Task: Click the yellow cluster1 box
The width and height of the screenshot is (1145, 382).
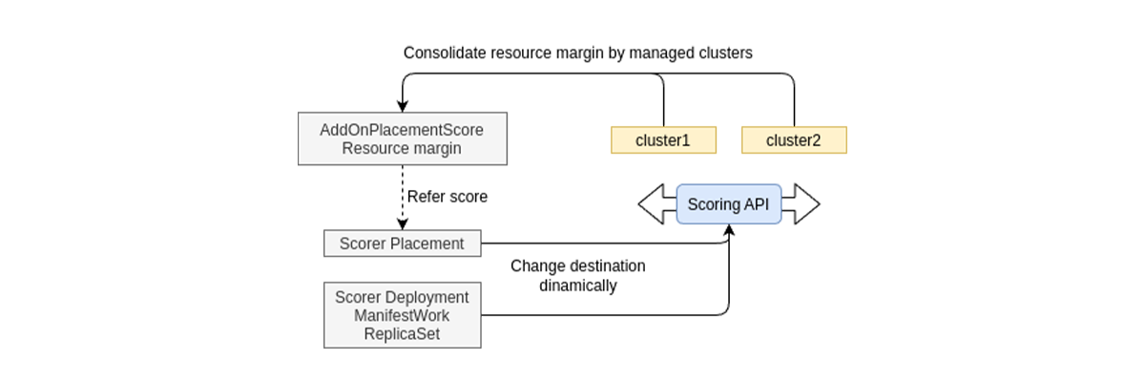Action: [663, 140]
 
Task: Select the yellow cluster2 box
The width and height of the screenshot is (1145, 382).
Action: [794, 140]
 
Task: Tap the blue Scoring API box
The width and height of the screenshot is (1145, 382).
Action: [729, 204]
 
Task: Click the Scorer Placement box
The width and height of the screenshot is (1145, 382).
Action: [402, 244]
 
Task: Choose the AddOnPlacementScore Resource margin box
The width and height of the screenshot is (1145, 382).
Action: [402, 139]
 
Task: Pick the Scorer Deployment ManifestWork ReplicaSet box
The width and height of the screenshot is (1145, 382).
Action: [402, 314]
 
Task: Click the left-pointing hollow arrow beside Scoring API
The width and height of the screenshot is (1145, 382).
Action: [656, 204]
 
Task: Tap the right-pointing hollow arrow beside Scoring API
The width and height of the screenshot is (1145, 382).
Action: [801, 204]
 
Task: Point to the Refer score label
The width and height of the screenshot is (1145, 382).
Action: [448, 197]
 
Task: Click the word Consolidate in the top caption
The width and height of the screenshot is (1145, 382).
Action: [445, 53]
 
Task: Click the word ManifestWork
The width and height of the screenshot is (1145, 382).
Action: [402, 314]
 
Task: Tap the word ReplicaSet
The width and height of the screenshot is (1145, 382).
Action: [402, 331]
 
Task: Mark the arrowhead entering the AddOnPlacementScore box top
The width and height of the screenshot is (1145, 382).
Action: [402, 108]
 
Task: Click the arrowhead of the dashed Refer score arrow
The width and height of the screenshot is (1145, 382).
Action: [402, 224]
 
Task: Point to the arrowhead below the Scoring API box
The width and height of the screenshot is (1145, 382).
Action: [729, 230]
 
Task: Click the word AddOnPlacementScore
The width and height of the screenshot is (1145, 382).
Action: [402, 130]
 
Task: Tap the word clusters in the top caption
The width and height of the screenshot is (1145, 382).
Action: [724, 53]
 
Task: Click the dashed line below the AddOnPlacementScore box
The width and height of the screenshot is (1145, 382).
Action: [402, 191]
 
